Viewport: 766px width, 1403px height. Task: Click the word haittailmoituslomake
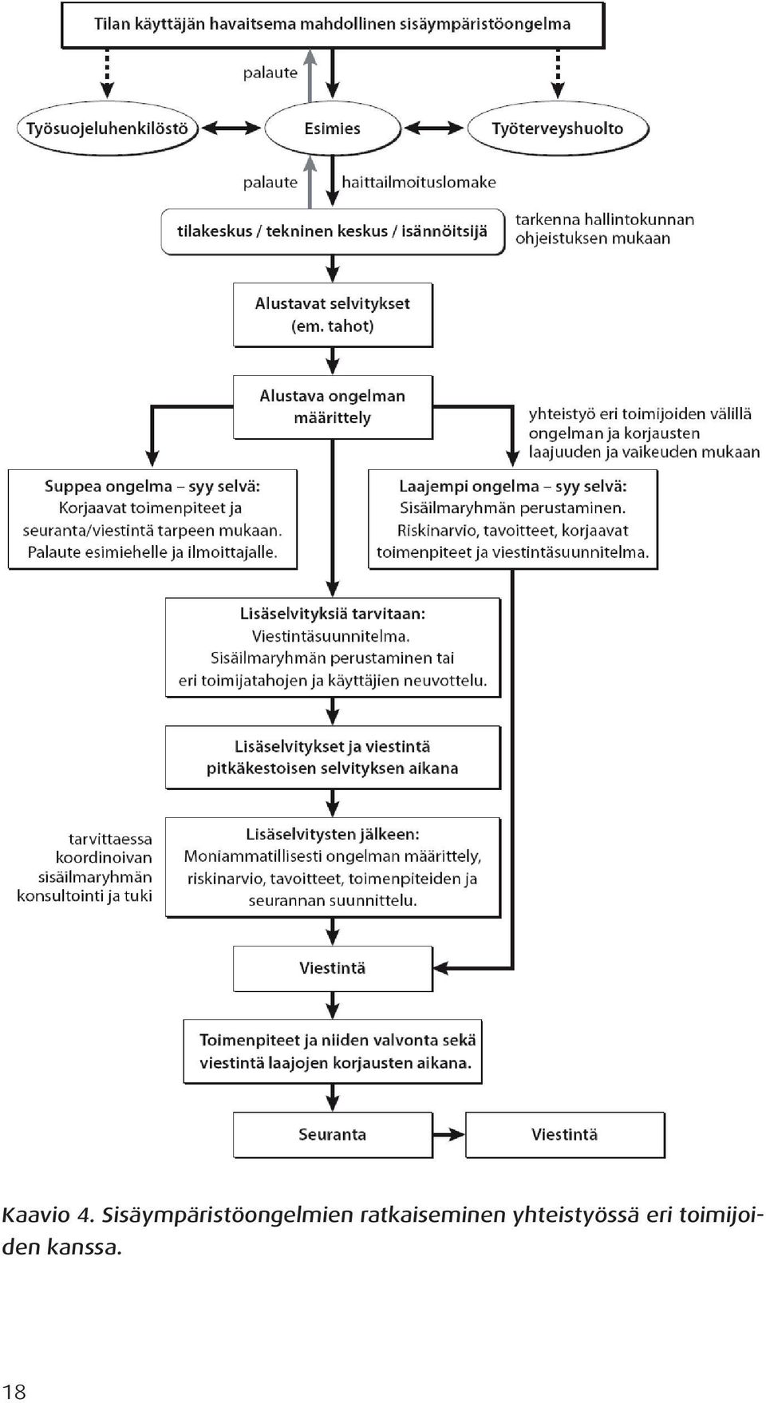pyautogui.click(x=419, y=182)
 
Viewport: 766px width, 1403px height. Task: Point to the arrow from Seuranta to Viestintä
pyautogui.click(x=449, y=1134)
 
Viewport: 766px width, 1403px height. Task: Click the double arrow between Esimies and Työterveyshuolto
pyautogui.click(x=434, y=128)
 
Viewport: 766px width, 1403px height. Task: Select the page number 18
pyautogui.click(x=14, y=1392)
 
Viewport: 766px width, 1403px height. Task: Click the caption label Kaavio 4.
pyautogui.click(x=49, y=1215)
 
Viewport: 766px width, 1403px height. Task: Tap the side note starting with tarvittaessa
pyautogui.click(x=85, y=867)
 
